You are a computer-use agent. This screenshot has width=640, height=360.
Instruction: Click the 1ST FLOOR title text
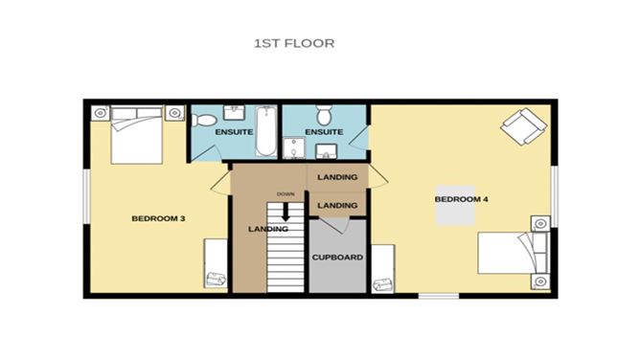294,44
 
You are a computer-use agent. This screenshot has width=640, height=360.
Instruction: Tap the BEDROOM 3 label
157,219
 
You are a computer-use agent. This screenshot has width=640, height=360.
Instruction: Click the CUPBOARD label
336,258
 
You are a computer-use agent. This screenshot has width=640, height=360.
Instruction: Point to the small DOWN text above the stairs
286,194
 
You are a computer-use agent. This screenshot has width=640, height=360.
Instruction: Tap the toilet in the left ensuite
203,121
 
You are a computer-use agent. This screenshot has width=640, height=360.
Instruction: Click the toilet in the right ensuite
323,113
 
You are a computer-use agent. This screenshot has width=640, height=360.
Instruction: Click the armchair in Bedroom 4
523,125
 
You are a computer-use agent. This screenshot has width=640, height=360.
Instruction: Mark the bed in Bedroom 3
135,136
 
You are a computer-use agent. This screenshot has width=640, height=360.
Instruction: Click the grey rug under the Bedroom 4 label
456,205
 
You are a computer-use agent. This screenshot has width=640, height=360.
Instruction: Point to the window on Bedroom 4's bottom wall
438,296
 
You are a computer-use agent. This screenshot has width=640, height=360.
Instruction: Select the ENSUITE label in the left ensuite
233,131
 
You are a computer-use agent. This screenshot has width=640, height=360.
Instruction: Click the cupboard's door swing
335,226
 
